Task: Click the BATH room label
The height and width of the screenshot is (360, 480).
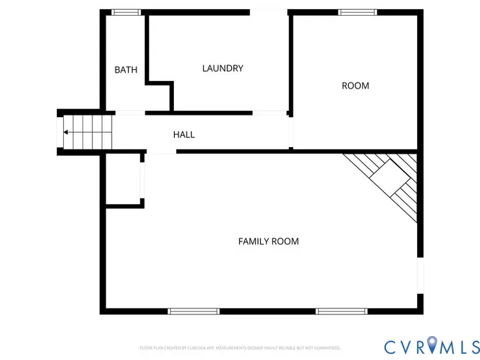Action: [126, 70]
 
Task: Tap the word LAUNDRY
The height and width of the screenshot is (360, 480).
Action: [223, 68]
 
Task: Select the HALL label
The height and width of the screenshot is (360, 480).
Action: [184, 134]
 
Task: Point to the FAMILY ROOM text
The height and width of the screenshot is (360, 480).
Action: [268, 241]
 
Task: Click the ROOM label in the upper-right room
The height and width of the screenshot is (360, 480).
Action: [355, 85]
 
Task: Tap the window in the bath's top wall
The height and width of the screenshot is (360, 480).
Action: [126, 12]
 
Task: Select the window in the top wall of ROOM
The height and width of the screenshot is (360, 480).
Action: [357, 12]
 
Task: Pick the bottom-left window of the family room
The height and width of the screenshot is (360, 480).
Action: [193, 310]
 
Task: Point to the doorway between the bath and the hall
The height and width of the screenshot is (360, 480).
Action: [130, 113]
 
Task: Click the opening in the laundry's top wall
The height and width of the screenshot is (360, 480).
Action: [268, 12]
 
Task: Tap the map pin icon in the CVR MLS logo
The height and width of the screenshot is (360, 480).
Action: [434, 346]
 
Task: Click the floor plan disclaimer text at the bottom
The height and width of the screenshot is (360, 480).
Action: [240, 348]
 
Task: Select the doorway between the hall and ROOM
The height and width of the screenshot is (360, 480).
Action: [291, 133]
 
